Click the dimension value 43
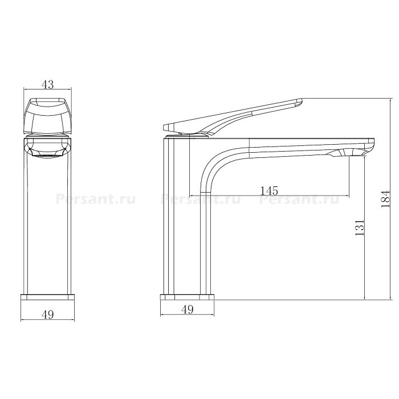47,84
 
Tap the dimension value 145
269,190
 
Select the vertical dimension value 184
385,199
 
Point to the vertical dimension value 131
359,227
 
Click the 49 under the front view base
47,315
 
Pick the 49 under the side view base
188,310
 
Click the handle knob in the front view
47,116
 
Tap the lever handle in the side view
233,116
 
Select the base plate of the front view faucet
47,297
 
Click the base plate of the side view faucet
188,297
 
